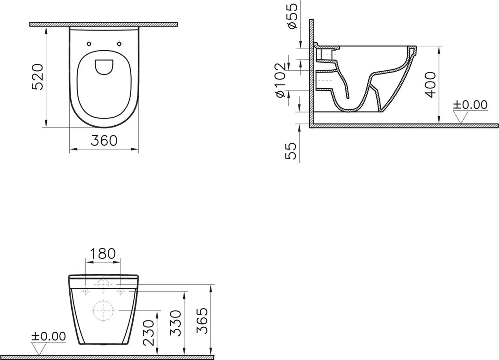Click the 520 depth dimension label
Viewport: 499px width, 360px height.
click(x=39, y=77)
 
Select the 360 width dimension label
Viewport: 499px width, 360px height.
click(x=104, y=141)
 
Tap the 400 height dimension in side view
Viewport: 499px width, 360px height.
click(x=431, y=84)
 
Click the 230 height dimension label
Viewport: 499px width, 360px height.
click(x=148, y=331)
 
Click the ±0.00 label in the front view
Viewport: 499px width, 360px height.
click(x=49, y=336)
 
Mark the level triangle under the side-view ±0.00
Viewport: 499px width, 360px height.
click(x=460, y=117)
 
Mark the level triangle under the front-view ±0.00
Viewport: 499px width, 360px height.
click(x=38, y=348)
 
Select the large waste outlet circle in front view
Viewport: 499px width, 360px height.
click(x=103, y=310)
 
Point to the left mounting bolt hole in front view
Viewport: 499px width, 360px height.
click(x=86, y=290)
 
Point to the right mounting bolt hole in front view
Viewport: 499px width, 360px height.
click(x=120, y=290)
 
